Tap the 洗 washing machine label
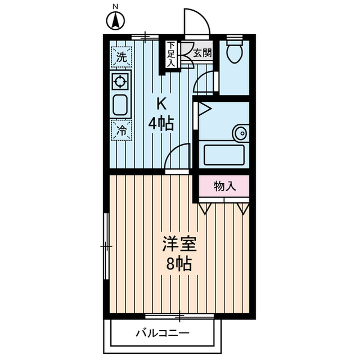[x=121, y=56]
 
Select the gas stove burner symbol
[x=120, y=82]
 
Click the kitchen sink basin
[x=120, y=105]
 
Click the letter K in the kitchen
[x=161, y=103]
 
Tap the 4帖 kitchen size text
[x=161, y=123]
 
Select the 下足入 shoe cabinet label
[x=170, y=55]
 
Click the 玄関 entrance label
[x=202, y=54]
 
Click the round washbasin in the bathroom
[x=240, y=133]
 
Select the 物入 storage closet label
[x=223, y=186]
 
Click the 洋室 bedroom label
[x=179, y=244]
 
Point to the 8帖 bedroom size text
[x=179, y=263]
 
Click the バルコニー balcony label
[x=162, y=333]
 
